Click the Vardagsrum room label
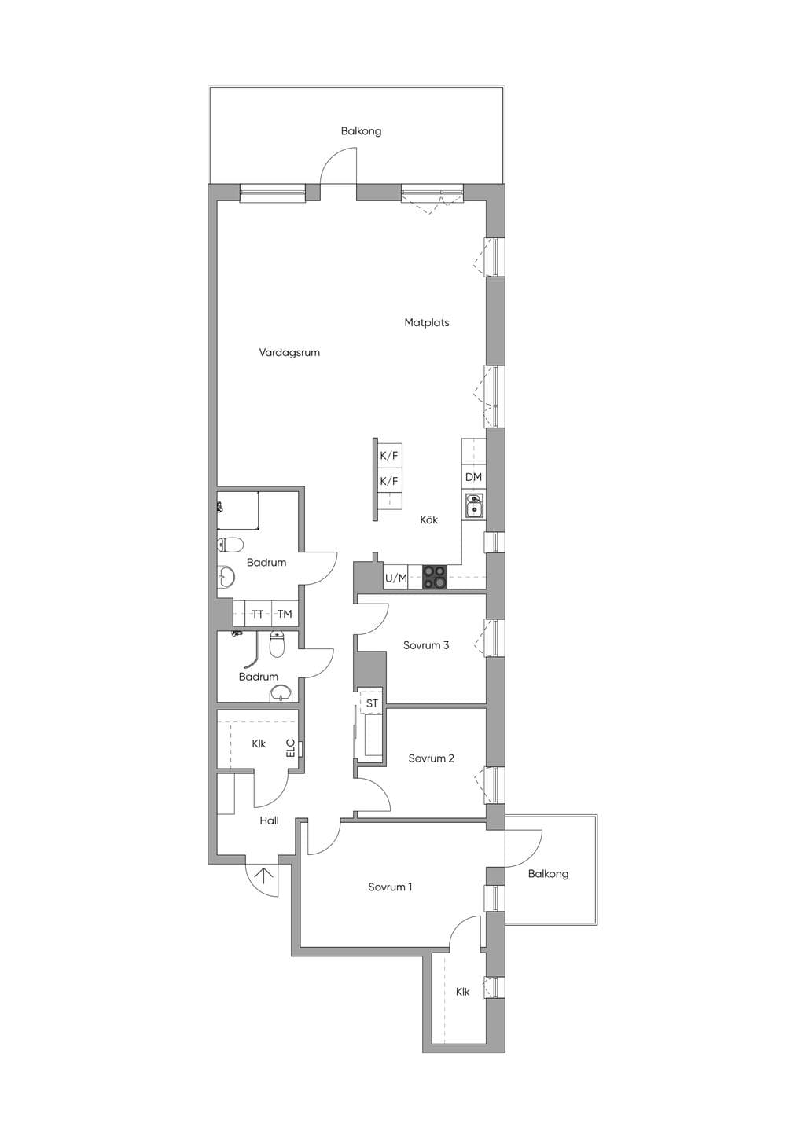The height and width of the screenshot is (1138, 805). pyautogui.click(x=289, y=352)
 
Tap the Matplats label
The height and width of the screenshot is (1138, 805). pyautogui.click(x=426, y=322)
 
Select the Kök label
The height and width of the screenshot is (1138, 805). pyautogui.click(x=429, y=519)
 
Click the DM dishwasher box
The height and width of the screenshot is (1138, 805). pyautogui.click(x=474, y=477)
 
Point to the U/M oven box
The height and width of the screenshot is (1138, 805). pyautogui.click(x=396, y=578)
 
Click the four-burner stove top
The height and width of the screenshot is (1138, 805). pyautogui.click(x=435, y=578)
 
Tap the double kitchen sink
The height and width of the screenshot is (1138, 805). pyautogui.click(x=474, y=505)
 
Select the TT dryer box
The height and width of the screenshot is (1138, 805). pyautogui.click(x=258, y=614)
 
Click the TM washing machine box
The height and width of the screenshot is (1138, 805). pyautogui.click(x=285, y=614)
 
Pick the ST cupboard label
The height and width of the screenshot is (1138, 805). pyautogui.click(x=372, y=703)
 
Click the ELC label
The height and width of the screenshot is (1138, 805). pyautogui.click(x=290, y=748)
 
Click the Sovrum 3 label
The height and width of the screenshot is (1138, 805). pyautogui.click(x=426, y=645)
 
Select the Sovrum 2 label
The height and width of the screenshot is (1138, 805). pyautogui.click(x=431, y=758)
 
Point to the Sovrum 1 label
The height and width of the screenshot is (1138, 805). pyautogui.click(x=390, y=887)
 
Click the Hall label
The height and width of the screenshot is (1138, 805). pyautogui.click(x=270, y=820)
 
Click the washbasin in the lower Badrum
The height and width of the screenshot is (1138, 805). pyautogui.click(x=282, y=693)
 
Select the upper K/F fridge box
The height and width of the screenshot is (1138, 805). pyautogui.click(x=389, y=455)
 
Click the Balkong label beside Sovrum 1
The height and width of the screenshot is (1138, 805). pyautogui.click(x=548, y=874)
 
